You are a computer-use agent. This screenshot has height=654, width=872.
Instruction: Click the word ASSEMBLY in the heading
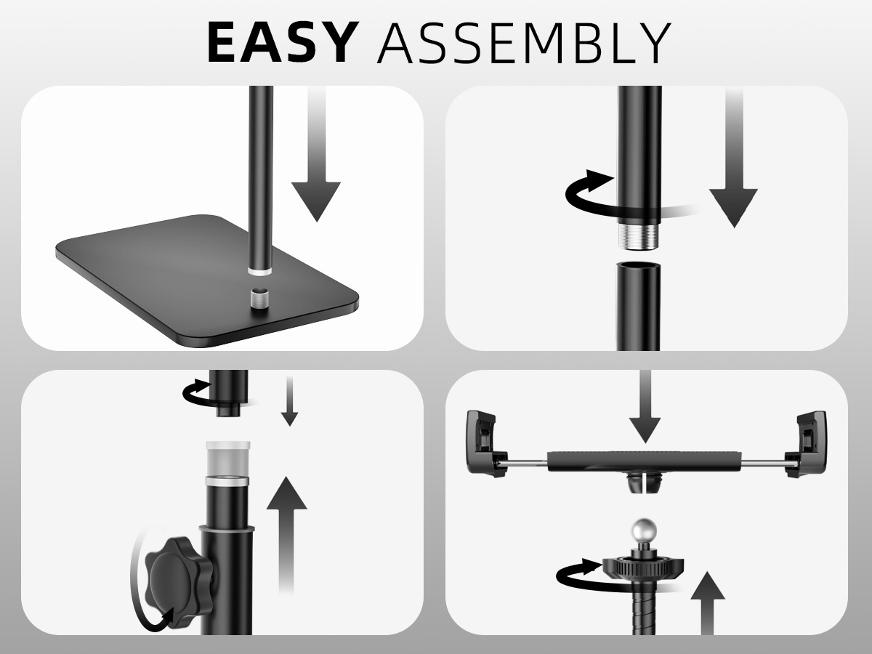pyautogui.click(x=524, y=42)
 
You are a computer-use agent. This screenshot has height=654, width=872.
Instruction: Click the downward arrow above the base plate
pyautogui.click(x=316, y=153)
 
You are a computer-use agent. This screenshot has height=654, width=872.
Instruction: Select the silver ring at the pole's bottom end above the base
pyautogui.click(x=260, y=272)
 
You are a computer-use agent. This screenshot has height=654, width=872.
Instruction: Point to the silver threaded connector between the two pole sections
pyautogui.click(x=639, y=236)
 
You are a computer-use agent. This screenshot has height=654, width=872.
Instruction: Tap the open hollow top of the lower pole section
pyautogui.click(x=639, y=266)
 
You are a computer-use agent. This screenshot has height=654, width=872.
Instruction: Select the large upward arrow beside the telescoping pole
pyautogui.click(x=286, y=535)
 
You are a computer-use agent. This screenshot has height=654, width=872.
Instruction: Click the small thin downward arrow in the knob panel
pyautogui.click(x=290, y=401)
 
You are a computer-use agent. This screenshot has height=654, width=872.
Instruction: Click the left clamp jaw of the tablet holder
pyautogui.click(x=485, y=443)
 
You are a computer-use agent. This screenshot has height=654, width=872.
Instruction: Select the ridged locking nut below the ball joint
pyautogui.click(x=643, y=566)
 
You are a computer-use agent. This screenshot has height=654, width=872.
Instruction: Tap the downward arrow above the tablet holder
pyautogui.click(x=645, y=407)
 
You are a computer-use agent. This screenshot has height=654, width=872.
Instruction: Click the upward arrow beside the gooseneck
pyautogui.click(x=708, y=603)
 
